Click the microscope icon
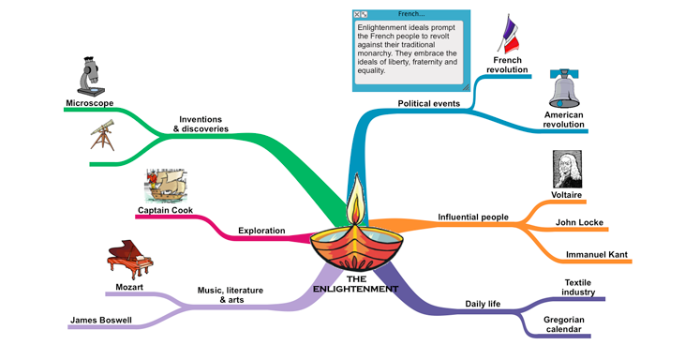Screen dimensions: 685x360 coord(91,77)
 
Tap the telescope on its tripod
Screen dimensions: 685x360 coord(103,135)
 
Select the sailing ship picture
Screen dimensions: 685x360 coord(166,186)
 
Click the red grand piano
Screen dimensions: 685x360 coord(129,259)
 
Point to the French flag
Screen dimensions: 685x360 coord(508,34)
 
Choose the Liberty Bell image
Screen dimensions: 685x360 coord(563,88)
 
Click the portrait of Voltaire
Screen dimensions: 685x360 coord(567,169)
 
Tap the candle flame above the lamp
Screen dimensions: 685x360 coord(356,200)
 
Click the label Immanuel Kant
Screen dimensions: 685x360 coord(596,254)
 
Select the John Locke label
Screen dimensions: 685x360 coord(579,222)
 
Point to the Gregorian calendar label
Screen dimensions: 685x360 coord(563,324)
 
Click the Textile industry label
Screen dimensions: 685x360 coord(578,287)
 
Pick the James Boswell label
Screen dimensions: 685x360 coord(101,320)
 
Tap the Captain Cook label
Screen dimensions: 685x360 coord(165,210)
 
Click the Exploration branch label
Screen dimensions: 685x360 coord(261,231)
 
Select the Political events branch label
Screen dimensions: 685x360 coord(428,103)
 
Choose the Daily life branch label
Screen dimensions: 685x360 coord(483,304)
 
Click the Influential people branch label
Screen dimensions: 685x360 coord(473,217)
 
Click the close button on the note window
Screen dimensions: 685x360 coord(356,14)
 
